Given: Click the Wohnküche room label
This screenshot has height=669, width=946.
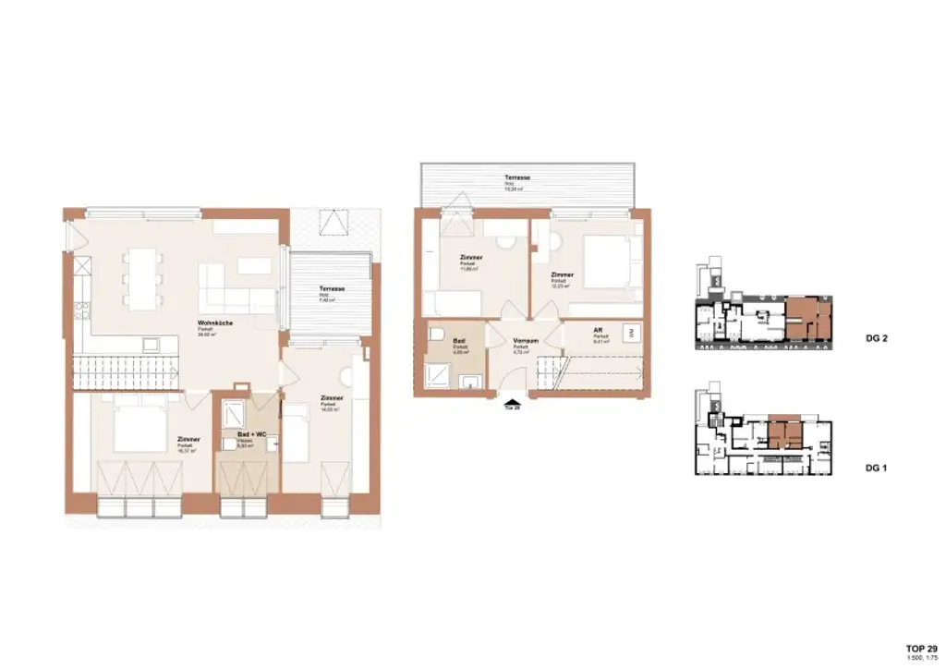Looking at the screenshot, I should [x=212, y=323].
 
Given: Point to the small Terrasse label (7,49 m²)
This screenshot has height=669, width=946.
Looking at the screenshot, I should [x=332, y=289].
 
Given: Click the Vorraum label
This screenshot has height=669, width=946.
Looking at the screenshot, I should [x=525, y=341].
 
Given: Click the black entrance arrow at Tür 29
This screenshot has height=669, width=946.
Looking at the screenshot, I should [x=511, y=402].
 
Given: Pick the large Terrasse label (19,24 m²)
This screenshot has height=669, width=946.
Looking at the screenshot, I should [x=516, y=176].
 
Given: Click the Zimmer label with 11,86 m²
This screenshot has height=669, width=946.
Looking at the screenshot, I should [x=471, y=258].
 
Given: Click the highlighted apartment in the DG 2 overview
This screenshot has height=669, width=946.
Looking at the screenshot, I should [x=807, y=320].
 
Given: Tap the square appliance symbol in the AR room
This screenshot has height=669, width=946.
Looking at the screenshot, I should [x=632, y=331].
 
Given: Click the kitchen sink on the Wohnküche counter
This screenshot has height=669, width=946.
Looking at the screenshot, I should [x=147, y=345].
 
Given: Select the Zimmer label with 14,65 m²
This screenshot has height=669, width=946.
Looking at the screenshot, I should [x=332, y=398].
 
